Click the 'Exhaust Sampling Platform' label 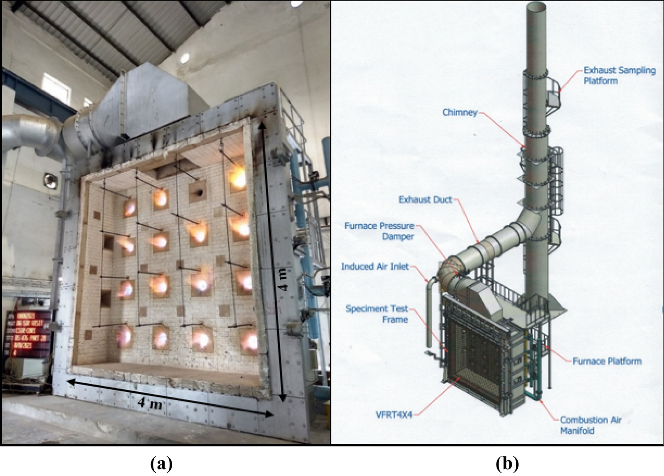pyautogui.click(x=619, y=76)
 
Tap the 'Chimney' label pyautogui.click(x=460, y=113)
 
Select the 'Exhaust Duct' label pyautogui.click(x=425, y=200)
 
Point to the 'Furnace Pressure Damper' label pyautogui.click(x=379, y=231)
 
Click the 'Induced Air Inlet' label pyautogui.click(x=375, y=266)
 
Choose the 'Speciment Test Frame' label pyautogui.click(x=377, y=314)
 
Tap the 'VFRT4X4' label pyautogui.click(x=394, y=415)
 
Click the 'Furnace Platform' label pyautogui.click(x=607, y=361)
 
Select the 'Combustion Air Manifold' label pyautogui.click(x=590, y=425)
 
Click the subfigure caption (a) pyautogui.click(x=161, y=464)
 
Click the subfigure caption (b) pyautogui.click(x=507, y=464)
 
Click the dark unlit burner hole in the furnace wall pyautogui.click(x=199, y=192)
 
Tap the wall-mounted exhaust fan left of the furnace pyautogui.click(x=50, y=180)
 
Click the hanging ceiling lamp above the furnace pyautogui.click(x=185, y=58)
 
